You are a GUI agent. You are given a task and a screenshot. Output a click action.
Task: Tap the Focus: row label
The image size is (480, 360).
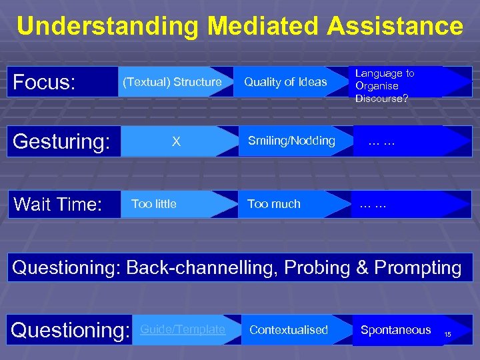coord(44,82)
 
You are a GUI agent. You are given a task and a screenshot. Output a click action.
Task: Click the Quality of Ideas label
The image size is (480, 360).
coord(285,82)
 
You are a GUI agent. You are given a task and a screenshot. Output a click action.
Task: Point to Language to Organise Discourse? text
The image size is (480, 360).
coord(385,86)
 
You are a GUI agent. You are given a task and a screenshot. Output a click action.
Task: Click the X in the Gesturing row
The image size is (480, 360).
coord(176,141)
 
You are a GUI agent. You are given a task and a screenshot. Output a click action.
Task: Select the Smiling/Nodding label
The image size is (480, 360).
coord(291,141)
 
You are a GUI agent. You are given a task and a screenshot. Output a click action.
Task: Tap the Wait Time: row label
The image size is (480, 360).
coord(57,204)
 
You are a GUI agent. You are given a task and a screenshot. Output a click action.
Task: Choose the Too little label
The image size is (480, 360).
coord(154,204)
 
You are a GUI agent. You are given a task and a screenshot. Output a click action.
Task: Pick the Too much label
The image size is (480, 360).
coord(274,204)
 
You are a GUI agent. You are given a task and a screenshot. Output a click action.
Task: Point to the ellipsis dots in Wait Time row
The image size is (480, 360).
coord(373,205)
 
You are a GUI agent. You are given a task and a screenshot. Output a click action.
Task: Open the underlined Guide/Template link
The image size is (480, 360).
coord(183,329)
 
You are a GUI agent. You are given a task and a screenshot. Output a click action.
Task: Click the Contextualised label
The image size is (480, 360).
coord(289,330)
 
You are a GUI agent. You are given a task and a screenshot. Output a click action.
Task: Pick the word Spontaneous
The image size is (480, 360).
coord(395,330)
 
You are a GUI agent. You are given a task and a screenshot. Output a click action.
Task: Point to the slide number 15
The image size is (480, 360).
coord(447,333)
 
